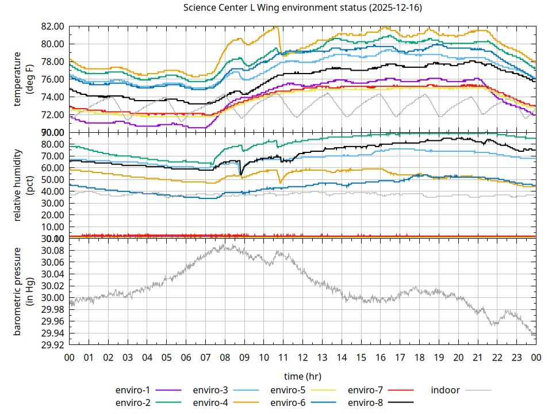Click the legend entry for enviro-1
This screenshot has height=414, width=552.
click(133, 390)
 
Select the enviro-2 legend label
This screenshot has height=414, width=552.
click(133, 402)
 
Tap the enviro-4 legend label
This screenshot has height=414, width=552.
click(210, 402)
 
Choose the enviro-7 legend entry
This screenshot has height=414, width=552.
click(366, 390)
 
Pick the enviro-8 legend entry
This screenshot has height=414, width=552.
click(366, 402)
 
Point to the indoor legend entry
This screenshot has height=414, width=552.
click(446, 390)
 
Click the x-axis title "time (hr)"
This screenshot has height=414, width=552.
click(302, 376)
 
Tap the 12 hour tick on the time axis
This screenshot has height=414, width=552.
click(302, 357)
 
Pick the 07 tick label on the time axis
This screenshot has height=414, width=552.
click(205, 357)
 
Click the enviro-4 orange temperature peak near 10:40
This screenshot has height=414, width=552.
click(277, 27)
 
